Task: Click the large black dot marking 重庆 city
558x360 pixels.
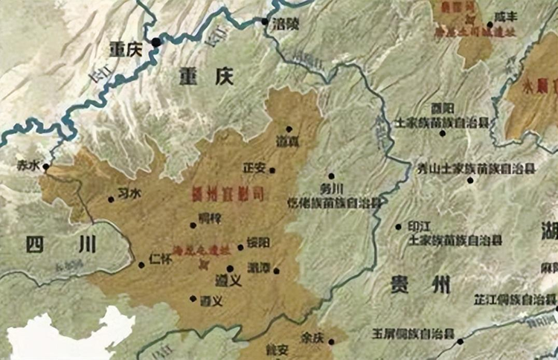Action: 155,43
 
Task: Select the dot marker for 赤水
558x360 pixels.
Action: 46,167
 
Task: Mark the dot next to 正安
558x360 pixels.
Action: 272,170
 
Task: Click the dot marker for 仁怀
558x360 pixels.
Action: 141,264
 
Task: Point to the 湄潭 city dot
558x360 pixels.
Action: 277,271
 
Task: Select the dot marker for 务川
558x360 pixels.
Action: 331,176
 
